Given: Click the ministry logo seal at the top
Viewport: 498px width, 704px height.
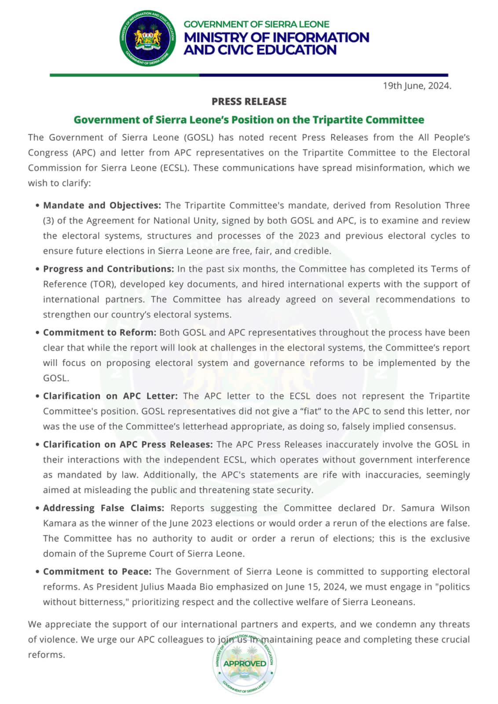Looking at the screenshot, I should [x=148, y=38].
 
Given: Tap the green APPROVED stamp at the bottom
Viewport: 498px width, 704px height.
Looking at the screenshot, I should [x=245, y=664].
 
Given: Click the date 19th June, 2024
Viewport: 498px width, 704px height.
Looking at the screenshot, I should [x=417, y=86].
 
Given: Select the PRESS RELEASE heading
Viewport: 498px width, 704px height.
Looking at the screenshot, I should [x=249, y=102].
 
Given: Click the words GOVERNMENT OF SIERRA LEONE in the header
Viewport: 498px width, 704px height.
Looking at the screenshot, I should [x=256, y=24].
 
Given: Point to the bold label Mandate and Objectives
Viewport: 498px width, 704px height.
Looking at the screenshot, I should [x=102, y=205].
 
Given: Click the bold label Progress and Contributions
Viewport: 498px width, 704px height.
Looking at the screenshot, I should [x=108, y=269].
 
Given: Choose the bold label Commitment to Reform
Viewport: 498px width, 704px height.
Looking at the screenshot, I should [x=99, y=333].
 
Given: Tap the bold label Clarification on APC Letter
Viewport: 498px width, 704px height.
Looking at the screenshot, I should [x=110, y=396].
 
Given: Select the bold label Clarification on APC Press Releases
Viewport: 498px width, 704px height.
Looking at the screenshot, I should [x=128, y=444].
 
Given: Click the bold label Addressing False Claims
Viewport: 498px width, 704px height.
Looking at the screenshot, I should [x=103, y=508].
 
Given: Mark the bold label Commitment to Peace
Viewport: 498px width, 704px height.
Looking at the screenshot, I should [x=97, y=572].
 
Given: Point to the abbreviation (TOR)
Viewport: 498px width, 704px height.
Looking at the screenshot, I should [x=103, y=284].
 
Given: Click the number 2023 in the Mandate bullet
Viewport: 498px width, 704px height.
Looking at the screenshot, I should [x=309, y=236].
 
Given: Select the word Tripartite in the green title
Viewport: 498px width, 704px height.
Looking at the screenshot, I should [x=337, y=120].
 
